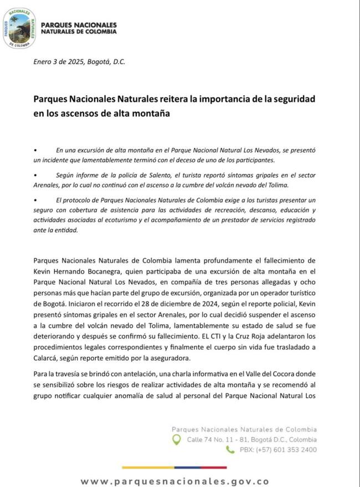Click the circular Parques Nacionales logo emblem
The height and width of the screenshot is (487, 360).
pyautogui.click(x=20, y=29)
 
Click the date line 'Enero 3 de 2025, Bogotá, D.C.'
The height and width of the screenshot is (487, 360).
pyautogui.click(x=79, y=61)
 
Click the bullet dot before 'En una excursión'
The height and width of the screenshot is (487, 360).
pyautogui.click(x=35, y=151)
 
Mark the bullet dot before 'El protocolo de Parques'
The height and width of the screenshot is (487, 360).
pyautogui.click(x=35, y=198)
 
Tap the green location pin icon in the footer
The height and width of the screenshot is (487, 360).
pyautogui.click(x=177, y=439)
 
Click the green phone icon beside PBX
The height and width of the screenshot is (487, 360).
pyautogui.click(x=230, y=450)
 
